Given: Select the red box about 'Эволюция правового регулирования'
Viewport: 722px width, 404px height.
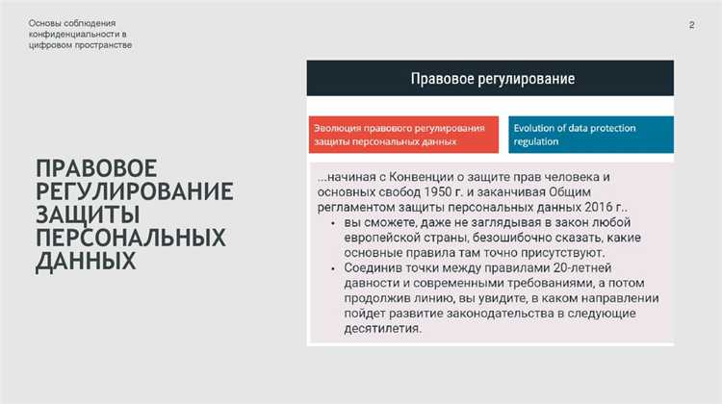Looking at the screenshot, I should point(402,134).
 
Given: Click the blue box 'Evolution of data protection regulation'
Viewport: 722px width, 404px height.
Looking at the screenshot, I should point(590,134).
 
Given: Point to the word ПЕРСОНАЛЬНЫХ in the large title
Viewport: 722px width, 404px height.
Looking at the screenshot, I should point(130,237).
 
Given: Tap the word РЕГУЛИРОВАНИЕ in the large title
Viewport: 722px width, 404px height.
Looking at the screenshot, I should point(134,189).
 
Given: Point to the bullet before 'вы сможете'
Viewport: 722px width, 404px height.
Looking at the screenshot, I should point(320,222).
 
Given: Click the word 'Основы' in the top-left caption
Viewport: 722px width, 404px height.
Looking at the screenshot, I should point(45,22).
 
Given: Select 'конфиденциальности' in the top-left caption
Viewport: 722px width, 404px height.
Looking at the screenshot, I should point(71,34).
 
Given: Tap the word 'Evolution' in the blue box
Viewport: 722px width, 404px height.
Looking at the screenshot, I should point(538,127).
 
